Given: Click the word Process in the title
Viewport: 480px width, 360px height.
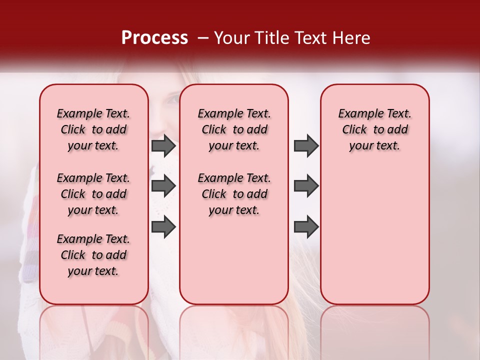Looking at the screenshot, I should (x=154, y=38).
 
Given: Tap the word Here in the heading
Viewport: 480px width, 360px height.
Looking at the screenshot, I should (x=351, y=38).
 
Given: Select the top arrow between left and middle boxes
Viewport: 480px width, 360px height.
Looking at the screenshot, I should (x=163, y=146).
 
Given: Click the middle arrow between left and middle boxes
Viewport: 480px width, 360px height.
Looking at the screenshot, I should (x=163, y=186).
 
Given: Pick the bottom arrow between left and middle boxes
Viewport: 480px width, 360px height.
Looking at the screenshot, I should (x=163, y=227).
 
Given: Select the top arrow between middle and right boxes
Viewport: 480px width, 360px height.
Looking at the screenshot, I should (x=306, y=146).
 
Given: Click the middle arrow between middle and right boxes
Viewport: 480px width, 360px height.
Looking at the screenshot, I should (x=306, y=186).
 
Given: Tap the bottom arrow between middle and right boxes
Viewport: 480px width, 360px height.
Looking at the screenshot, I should (x=306, y=227).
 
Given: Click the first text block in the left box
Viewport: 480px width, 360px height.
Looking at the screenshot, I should (x=93, y=129).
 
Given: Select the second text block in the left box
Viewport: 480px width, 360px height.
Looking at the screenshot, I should (x=93, y=194).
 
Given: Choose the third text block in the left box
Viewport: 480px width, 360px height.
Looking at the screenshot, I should (x=93, y=255).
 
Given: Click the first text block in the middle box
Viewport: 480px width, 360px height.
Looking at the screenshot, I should (x=234, y=129).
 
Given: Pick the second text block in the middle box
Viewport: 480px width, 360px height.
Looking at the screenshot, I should (x=234, y=194).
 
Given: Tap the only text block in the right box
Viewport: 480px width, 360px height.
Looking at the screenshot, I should (x=375, y=129).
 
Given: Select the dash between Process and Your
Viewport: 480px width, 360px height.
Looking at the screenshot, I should (x=203, y=38).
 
